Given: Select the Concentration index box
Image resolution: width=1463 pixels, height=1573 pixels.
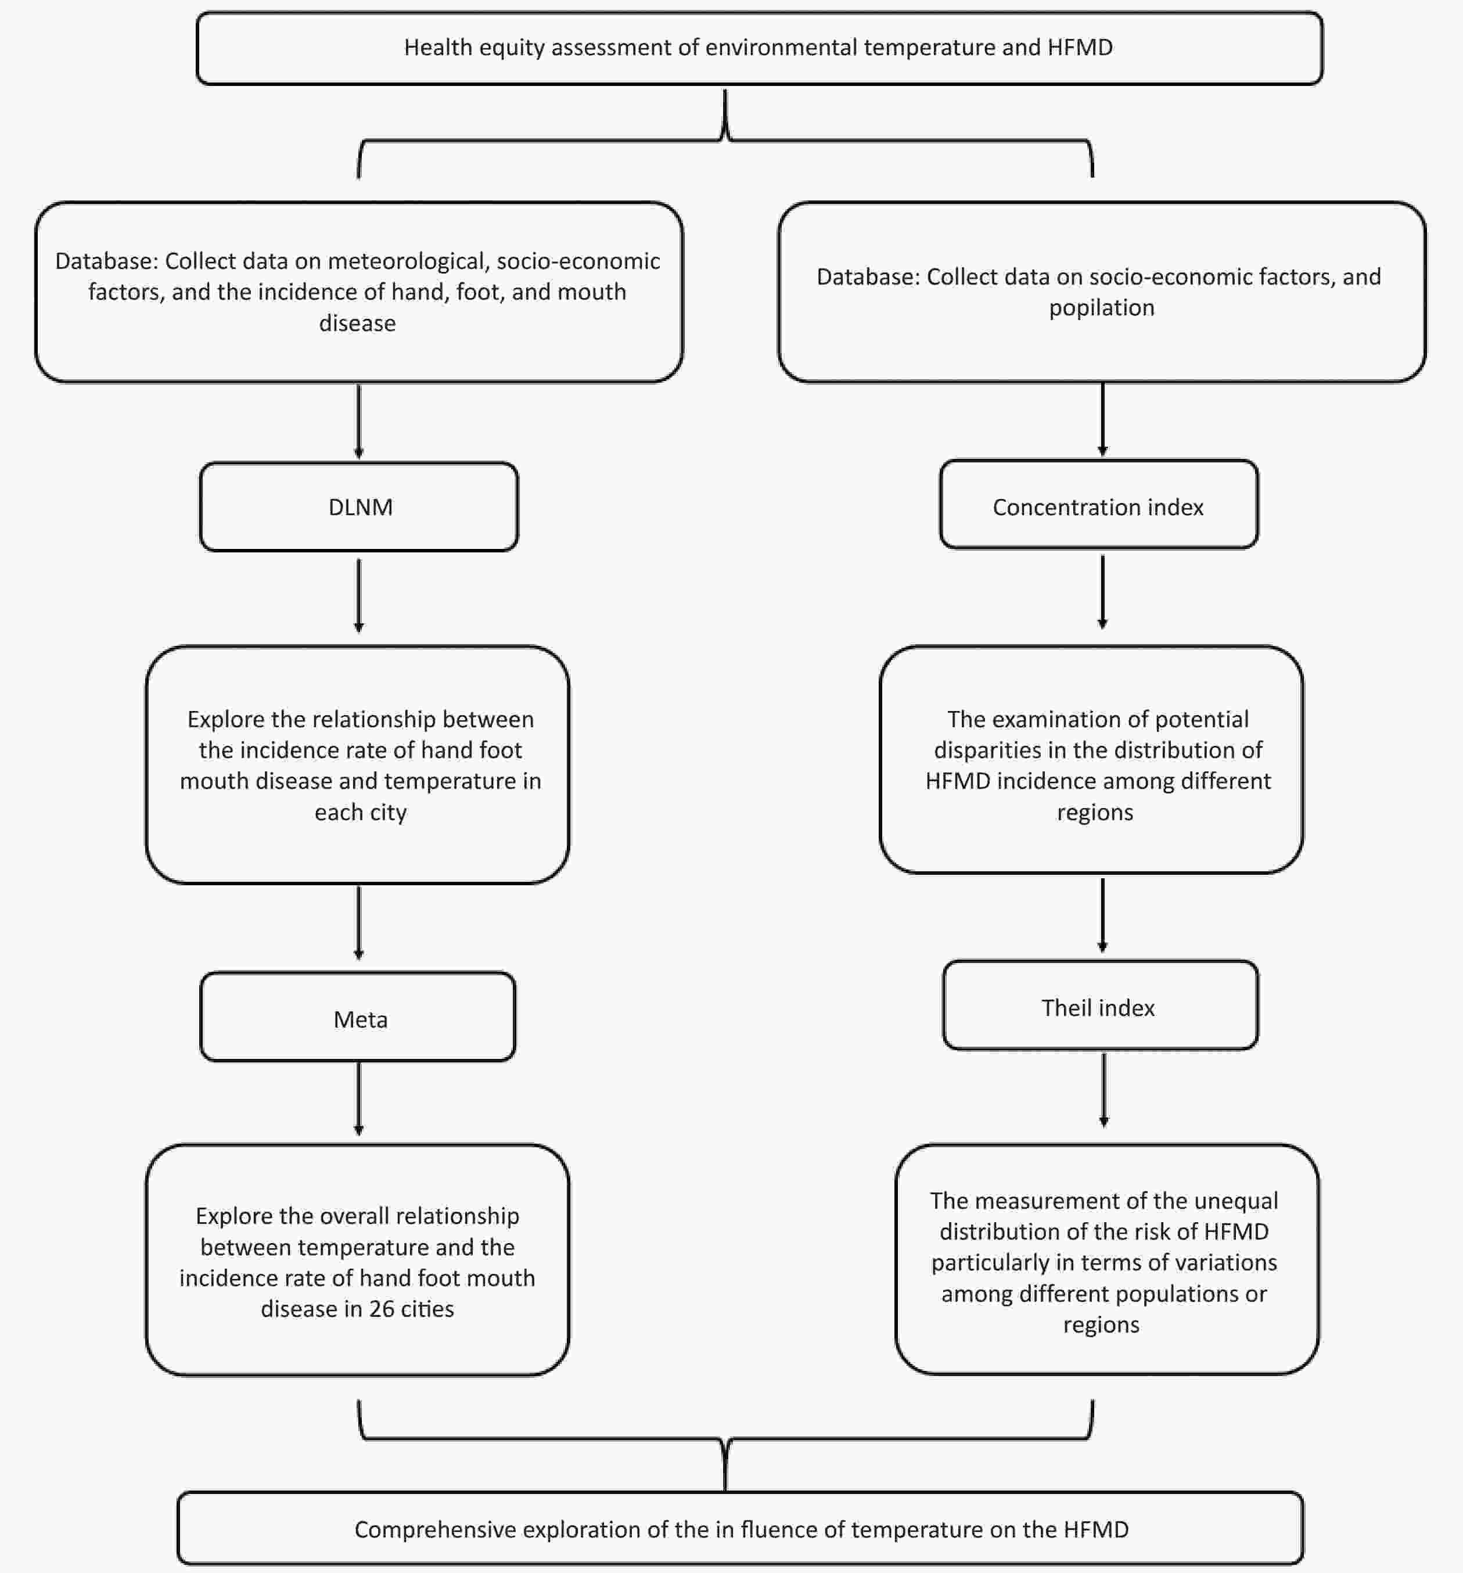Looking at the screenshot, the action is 1099,504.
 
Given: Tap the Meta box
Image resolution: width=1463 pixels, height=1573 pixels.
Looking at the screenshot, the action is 358,1017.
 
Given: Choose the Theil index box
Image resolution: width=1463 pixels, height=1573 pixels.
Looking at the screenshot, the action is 1101,1005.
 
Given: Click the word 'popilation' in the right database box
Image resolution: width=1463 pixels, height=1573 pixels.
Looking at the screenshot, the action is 1101,308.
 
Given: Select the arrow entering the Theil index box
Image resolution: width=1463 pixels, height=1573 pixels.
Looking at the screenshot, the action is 1102,915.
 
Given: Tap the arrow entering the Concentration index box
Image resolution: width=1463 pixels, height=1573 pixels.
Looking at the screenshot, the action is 1102,419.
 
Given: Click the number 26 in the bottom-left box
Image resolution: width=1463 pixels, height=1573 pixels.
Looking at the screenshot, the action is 382,1309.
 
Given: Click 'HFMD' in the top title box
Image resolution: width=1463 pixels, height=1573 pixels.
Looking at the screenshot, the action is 1080,48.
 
